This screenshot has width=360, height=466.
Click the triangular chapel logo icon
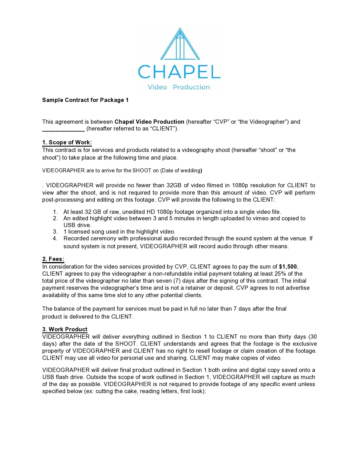coord(180,44)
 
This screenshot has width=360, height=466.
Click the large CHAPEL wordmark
coord(179,72)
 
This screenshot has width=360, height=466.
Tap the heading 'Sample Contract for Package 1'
coord(85,100)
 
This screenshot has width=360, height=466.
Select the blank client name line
coord(63,129)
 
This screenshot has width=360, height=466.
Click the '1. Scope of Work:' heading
coord(67,142)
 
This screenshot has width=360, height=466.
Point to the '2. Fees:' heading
coord(53,259)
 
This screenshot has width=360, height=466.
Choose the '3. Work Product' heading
coord(65,329)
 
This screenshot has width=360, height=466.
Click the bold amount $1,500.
coord(289,267)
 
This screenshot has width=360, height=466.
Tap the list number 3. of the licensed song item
coord(55,232)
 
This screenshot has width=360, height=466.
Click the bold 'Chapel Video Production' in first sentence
coord(149,122)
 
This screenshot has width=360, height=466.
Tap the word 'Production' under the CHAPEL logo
coord(191,87)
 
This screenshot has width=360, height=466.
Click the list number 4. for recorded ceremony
coord(55,238)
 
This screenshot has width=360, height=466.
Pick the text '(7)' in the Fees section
coord(177,281)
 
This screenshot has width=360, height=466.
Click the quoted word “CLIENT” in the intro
coord(162,129)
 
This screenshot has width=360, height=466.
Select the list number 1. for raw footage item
coord(55,212)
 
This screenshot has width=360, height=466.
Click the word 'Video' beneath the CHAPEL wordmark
coord(157,87)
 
